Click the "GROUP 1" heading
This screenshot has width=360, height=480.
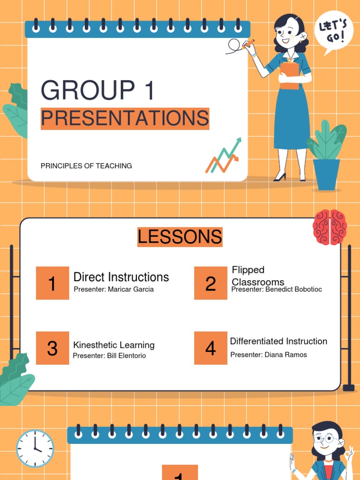tap(97, 91)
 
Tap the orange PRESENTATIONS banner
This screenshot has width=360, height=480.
tap(125, 119)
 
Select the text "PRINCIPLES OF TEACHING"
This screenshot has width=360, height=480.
tap(86, 166)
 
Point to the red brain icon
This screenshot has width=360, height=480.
tap(330, 227)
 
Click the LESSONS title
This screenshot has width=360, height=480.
tap(180, 237)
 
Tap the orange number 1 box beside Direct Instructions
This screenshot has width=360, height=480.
tap(52, 283)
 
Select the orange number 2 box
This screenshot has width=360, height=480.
tap(210, 283)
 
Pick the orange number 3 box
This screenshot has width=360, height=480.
tap(52, 348)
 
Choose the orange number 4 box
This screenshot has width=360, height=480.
tap(210, 348)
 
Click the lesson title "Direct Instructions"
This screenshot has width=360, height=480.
tap(121, 277)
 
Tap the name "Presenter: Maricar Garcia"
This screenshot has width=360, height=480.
tap(113, 289)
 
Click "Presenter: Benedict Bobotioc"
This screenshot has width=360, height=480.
tap(277, 289)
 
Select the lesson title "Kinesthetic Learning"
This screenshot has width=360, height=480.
tap(113, 345)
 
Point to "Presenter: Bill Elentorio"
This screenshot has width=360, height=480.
tap(109, 356)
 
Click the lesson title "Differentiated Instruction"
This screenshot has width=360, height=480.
tap(278, 341)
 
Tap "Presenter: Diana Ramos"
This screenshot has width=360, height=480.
tap(269, 355)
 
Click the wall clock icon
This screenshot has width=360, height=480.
tap(35, 449)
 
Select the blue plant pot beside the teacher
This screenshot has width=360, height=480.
tap(326, 174)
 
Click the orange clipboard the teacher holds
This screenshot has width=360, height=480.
tap(290, 75)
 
